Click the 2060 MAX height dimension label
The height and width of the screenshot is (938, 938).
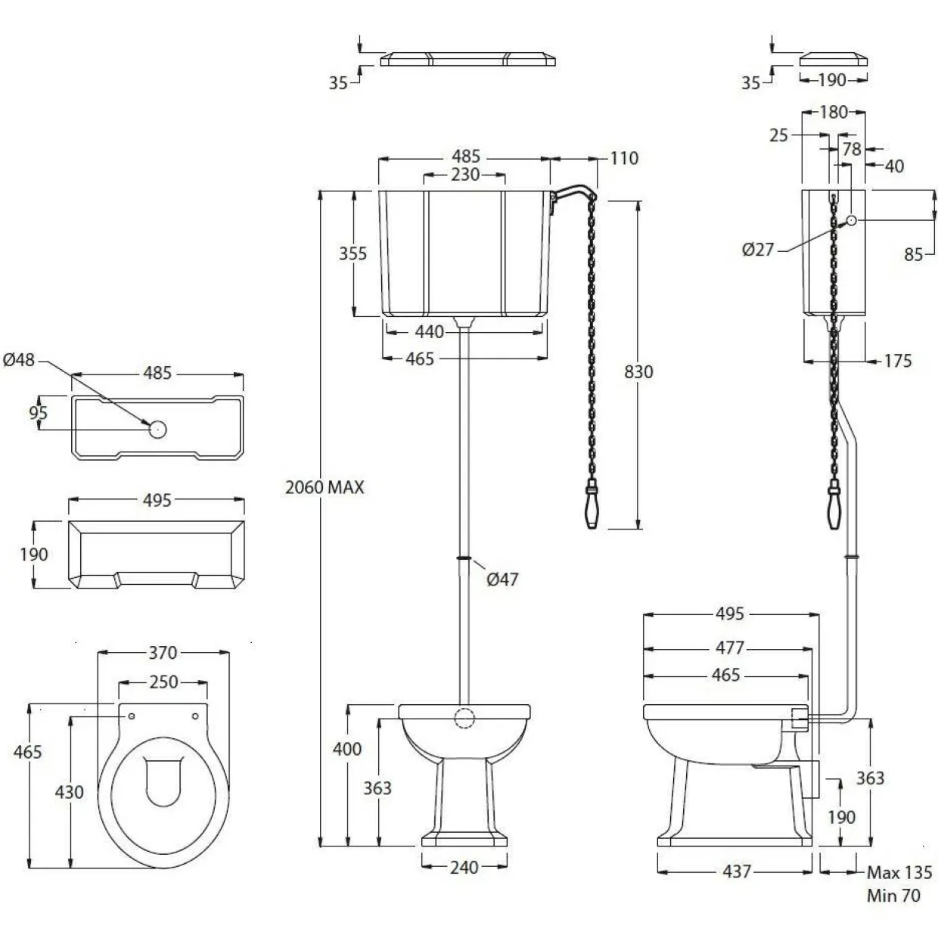(x=325, y=487)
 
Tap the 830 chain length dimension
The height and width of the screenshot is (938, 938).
(x=638, y=372)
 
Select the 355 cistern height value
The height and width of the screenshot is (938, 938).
(x=353, y=253)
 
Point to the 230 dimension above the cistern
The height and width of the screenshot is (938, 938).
(x=465, y=174)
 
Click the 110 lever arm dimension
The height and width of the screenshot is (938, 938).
(x=624, y=158)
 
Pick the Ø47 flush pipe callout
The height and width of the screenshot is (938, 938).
(x=502, y=579)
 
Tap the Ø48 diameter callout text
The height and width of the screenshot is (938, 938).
(x=18, y=360)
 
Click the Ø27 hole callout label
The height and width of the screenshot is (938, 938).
(x=758, y=250)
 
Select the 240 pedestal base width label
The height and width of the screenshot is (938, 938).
(x=464, y=867)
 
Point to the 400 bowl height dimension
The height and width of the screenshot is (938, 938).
(x=347, y=749)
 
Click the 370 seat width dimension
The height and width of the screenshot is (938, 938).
(x=163, y=653)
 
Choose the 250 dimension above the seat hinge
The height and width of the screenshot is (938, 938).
(x=163, y=682)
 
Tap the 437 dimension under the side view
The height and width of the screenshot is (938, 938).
(x=737, y=871)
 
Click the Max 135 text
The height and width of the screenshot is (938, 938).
(x=899, y=872)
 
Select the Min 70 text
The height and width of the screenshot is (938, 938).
(x=893, y=895)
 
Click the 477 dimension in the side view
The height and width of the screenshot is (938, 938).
(x=730, y=648)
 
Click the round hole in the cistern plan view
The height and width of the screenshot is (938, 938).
(x=157, y=429)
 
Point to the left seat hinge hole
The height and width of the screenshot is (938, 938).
(x=131, y=716)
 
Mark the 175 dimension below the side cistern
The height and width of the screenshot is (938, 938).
(x=898, y=361)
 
